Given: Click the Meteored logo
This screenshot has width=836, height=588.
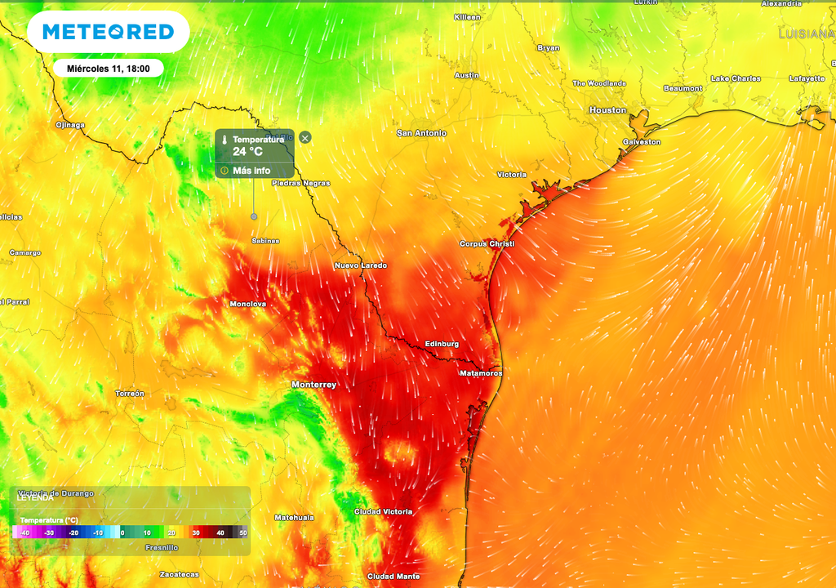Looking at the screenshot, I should point(108,32).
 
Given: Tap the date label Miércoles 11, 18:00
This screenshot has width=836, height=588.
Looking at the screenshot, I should point(108,69).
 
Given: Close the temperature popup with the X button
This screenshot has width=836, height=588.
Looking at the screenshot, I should point(305,138).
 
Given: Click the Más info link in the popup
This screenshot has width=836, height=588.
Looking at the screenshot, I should point(251,171).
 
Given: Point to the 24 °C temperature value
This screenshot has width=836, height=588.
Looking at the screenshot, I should point(247,151).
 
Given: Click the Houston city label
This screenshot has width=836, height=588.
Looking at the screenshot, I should point(607,109).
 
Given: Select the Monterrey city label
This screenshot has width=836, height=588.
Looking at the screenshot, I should point(313,384).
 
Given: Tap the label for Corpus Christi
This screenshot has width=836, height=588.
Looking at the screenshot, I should point(487,244).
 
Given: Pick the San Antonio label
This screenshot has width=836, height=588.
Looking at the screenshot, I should point(421,133).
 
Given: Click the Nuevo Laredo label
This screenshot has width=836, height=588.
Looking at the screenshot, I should point(360,266).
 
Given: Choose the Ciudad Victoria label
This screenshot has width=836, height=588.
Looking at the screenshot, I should point(383,512).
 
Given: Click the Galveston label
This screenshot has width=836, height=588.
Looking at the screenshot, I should point(642,142).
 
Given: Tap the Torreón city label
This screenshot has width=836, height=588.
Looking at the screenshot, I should point(129,394).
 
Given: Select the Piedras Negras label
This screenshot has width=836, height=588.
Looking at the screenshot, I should point(300,183).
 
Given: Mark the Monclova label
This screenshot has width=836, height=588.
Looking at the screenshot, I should point(248,304).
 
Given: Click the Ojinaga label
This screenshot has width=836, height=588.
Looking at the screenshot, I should point(69,125).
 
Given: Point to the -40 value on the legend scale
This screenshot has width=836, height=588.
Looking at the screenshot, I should point(24,533).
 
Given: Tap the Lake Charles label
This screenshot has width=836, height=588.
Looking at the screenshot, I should point(736,78).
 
